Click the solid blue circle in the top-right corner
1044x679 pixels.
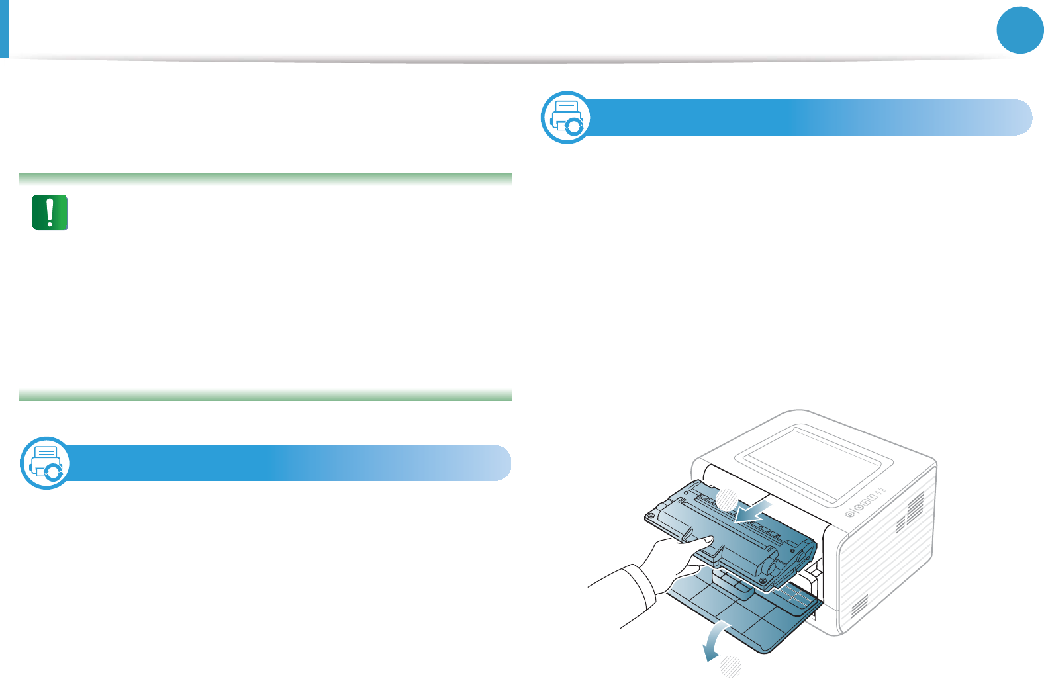pos(1020,30)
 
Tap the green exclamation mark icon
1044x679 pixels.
pos(50,212)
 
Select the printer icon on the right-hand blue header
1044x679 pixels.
pos(567,117)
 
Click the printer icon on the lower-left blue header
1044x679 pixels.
pos(45,463)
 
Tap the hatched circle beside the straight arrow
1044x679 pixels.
pos(727,498)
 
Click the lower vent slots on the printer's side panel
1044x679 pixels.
pos(859,604)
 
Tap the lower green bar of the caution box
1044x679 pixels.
pos(265,396)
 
